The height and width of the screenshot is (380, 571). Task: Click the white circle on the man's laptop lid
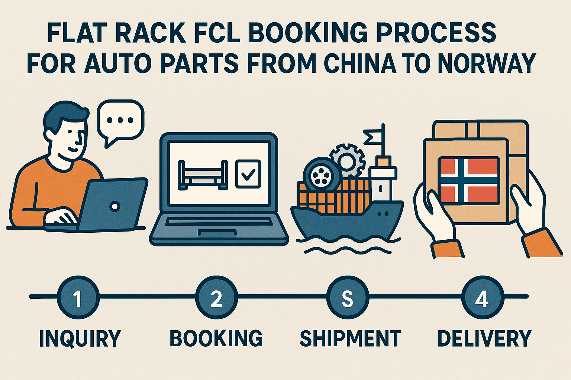(x=115, y=206)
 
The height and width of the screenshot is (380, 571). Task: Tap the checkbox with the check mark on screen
(x=248, y=174)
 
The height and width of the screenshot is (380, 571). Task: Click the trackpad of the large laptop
(x=217, y=233)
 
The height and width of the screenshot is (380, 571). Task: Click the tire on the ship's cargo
(x=319, y=175)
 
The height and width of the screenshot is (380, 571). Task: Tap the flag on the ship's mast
(x=373, y=137)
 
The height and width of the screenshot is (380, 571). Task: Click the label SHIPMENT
(x=350, y=338)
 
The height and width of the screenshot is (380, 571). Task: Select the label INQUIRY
(x=80, y=338)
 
